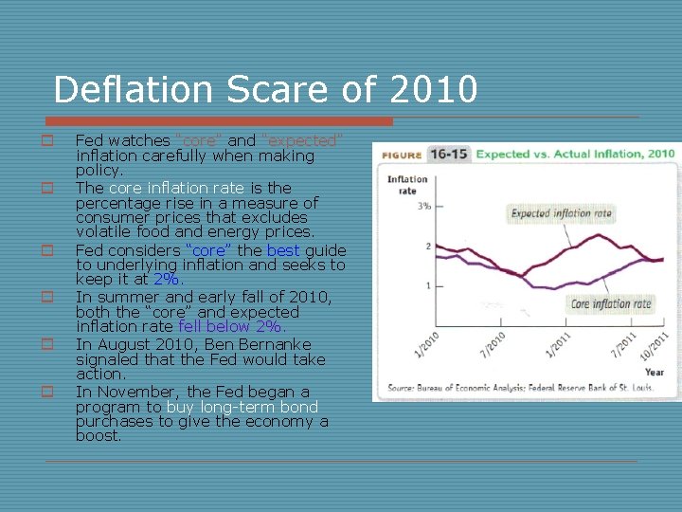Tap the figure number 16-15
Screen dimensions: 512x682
(448, 154)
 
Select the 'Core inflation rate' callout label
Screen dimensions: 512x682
(611, 304)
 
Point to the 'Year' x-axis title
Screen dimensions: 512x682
(654, 372)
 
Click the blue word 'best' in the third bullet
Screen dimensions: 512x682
(282, 250)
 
